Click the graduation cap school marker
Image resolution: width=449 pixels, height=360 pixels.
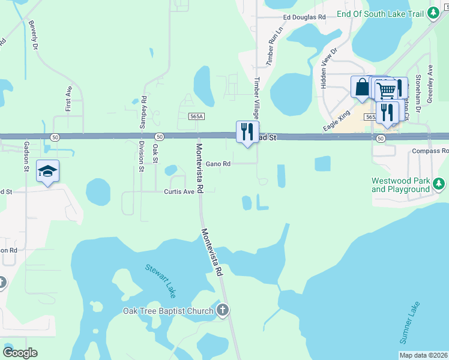pyautogui.click(x=48, y=172)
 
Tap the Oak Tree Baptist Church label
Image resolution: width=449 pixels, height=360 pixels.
pyautogui.click(x=168, y=311)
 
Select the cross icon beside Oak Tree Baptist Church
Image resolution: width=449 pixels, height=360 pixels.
pyautogui.click(x=223, y=310)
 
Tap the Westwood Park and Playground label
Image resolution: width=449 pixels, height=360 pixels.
pyautogui.click(x=400, y=185)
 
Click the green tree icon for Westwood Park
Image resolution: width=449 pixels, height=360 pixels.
pyautogui.click(x=439, y=182)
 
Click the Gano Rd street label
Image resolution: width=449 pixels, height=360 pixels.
pyautogui.click(x=218, y=163)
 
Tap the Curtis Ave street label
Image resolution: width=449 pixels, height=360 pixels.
pyautogui.click(x=179, y=191)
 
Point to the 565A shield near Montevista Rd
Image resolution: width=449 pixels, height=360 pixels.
pyautogui.click(x=196, y=116)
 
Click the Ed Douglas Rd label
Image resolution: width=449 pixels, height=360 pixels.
pyautogui.click(x=304, y=18)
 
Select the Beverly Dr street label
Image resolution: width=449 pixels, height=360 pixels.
pyautogui.click(x=33, y=35)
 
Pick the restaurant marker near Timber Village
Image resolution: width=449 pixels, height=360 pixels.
pyautogui.click(x=247, y=132)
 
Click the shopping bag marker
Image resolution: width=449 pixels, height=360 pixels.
pyautogui.click(x=362, y=87)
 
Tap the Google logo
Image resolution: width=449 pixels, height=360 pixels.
pyautogui.click(x=20, y=353)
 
